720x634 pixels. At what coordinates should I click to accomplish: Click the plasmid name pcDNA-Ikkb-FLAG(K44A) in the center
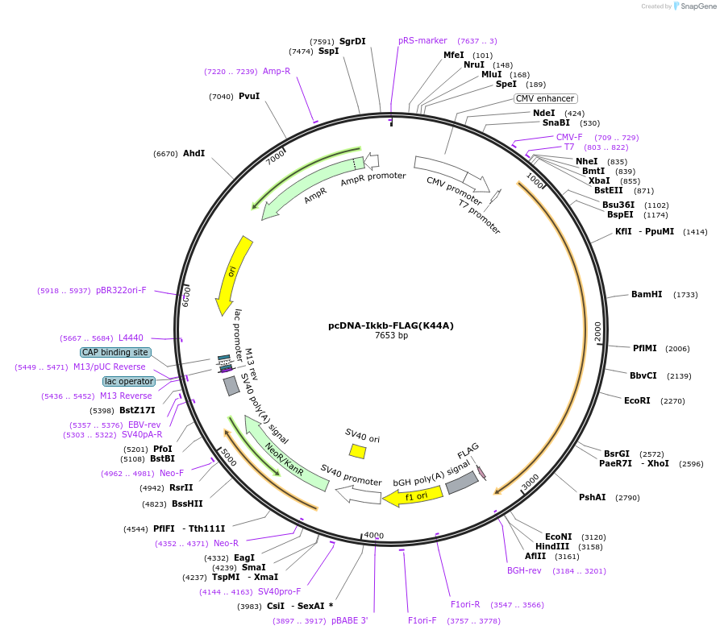point(391,326)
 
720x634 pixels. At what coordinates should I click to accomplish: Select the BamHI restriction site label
point(647,295)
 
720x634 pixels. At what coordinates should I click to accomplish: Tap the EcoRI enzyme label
point(637,400)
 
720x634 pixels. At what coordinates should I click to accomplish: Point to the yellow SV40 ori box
point(357,452)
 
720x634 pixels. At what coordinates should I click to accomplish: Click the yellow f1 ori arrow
point(412,496)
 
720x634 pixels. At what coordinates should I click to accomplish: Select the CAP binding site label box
point(115,352)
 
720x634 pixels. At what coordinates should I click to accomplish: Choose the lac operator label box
point(128,381)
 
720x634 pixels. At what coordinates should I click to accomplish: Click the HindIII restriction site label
point(551,546)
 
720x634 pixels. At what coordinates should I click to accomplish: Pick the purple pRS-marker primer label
point(422,41)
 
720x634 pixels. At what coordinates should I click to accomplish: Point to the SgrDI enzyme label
point(352,41)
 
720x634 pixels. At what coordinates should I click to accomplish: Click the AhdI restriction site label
point(194,153)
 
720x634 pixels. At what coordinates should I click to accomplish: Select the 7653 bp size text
point(391,336)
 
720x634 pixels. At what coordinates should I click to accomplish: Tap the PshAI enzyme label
point(592,497)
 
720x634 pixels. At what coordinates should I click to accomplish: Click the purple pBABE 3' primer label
point(349,621)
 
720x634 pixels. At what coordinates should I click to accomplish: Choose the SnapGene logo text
point(699,6)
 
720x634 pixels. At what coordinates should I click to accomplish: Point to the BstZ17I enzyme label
point(137,410)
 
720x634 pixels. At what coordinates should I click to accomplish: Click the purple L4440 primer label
point(131,338)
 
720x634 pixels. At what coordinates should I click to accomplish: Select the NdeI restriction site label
point(544,114)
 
